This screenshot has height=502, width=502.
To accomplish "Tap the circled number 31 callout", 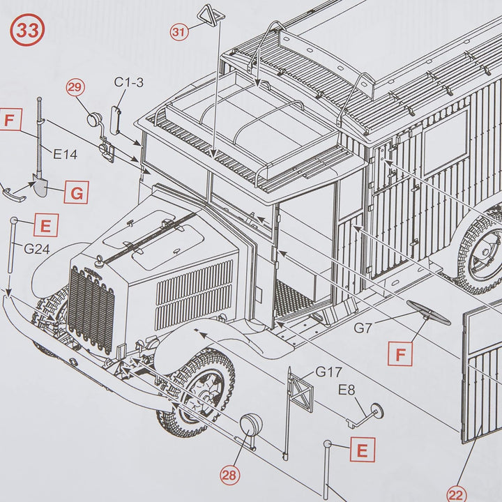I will (x=179, y=31).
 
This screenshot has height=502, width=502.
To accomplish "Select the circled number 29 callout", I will (x=75, y=88).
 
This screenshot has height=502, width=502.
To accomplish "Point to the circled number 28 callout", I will (x=229, y=475).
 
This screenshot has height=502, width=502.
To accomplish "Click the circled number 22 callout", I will (x=455, y=494).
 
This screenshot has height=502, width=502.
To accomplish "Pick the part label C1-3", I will (x=129, y=83).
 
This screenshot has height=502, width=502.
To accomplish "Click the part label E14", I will (x=65, y=154).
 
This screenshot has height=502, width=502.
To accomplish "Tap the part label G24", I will (x=38, y=248).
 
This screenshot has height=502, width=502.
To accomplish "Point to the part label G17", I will (x=328, y=371).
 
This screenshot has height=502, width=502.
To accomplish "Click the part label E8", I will (x=349, y=389).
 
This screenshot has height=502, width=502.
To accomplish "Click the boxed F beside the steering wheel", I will (x=400, y=354).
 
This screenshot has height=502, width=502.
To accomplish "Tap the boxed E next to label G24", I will (x=45, y=225).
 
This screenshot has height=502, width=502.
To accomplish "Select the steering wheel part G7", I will (x=429, y=312).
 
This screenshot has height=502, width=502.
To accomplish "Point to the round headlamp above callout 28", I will (x=252, y=425).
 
